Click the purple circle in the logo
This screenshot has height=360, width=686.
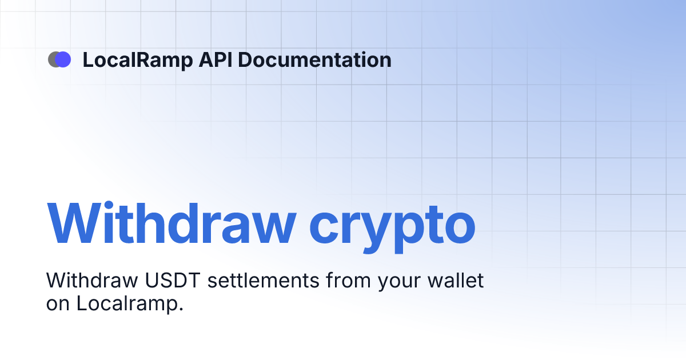63,59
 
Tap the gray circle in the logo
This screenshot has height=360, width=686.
53,59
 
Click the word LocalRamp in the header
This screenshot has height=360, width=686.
137,60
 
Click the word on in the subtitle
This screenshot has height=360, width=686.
58,303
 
